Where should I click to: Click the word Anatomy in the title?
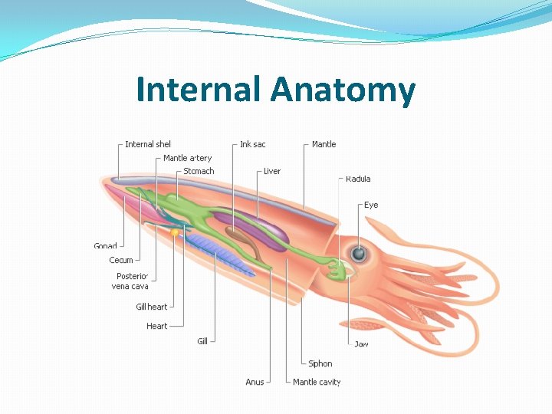[343, 90]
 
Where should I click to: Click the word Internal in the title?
[199, 90]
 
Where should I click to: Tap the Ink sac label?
[253, 144]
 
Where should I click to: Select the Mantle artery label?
[187, 158]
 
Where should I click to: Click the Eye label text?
[371, 205]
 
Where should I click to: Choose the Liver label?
[272, 171]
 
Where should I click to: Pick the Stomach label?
[199, 171]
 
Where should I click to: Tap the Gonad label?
[106, 246]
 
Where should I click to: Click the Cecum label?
[121, 260]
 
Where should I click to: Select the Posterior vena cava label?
[130, 281]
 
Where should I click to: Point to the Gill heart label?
[152, 307]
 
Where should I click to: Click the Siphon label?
[320, 363]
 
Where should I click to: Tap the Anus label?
[255, 382]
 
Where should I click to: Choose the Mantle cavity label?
[317, 382]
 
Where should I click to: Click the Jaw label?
[361, 343]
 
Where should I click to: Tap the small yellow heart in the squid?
[175, 232]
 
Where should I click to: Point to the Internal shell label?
[148, 144]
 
